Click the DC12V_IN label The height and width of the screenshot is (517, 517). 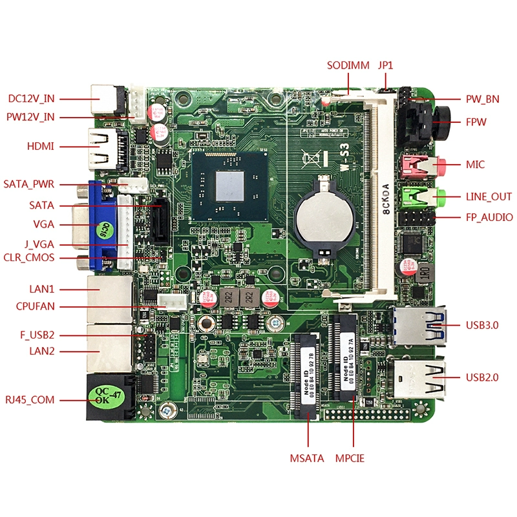[x=31, y=99]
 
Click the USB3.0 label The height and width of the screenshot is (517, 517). [x=482, y=325]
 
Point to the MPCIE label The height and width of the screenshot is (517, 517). [x=350, y=459]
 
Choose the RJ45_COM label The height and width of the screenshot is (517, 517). [x=30, y=400]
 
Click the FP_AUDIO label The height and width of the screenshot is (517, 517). [x=489, y=218]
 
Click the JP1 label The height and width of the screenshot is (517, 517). [x=385, y=65]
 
